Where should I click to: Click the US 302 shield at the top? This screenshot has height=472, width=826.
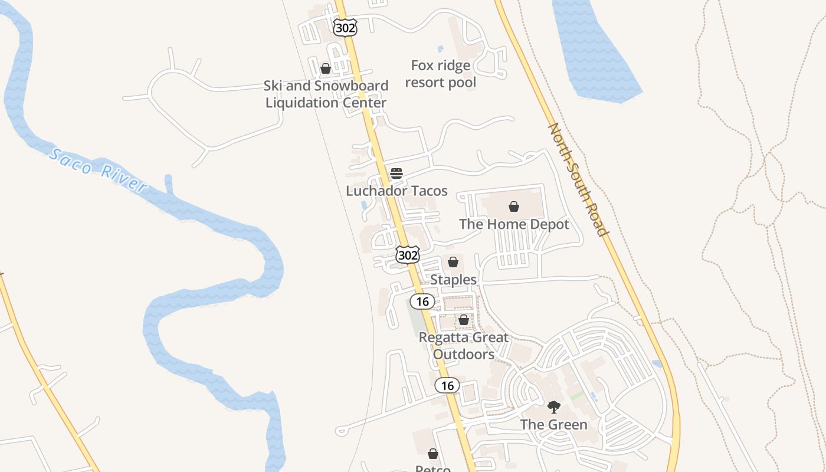[345, 27]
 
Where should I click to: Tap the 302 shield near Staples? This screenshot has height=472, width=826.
[408, 255]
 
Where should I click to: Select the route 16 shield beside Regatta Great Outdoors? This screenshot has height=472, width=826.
[422, 301]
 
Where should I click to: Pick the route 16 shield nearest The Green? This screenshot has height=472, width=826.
[447, 385]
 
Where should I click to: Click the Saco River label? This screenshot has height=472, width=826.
[97, 171]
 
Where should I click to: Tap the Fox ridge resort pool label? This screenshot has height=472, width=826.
[441, 74]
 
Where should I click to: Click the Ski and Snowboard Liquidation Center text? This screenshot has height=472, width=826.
[326, 94]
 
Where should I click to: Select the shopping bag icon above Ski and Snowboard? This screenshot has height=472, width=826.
[326, 68]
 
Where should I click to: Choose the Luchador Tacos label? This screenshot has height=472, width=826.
[396, 191]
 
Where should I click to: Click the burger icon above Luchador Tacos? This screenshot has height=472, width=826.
[396, 173]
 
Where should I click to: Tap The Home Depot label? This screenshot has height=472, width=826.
[514, 224]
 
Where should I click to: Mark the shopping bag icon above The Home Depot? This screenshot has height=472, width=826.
[514, 206]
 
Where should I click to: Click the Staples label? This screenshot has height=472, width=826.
[453, 279]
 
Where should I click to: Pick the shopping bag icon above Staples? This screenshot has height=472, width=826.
[453, 262]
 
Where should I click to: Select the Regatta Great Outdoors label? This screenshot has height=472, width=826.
[464, 346]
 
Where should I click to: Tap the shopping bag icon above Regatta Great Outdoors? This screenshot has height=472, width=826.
[464, 320]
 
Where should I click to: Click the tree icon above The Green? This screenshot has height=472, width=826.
[553, 407]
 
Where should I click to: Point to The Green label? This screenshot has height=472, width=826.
[553, 424]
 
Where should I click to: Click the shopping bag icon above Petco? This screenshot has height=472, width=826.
[433, 454]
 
